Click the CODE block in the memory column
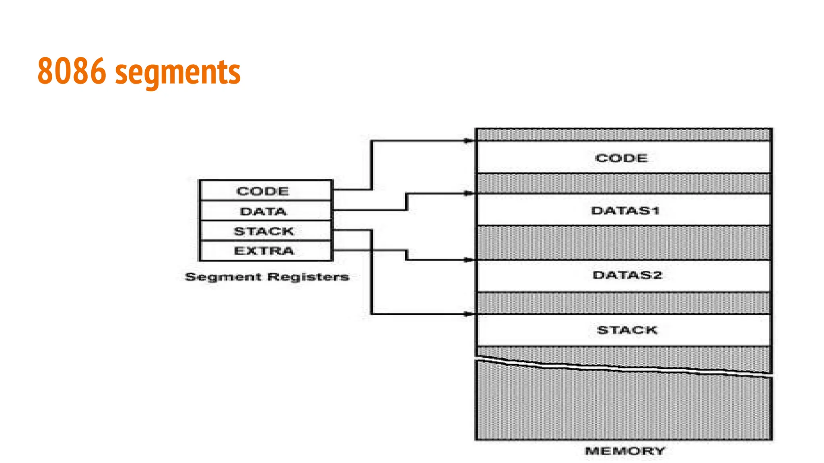tap(623, 158)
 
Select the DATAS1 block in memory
tap(623, 210)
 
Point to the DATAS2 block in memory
tap(623, 276)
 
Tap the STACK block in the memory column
tap(623, 330)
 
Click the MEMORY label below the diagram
tap(625, 451)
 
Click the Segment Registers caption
tap(267, 277)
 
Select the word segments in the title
tap(178, 73)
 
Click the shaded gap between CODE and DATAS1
tap(623, 184)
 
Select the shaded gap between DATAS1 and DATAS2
tap(623, 242)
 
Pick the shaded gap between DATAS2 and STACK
tap(623, 303)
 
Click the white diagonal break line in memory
tap(623, 369)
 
